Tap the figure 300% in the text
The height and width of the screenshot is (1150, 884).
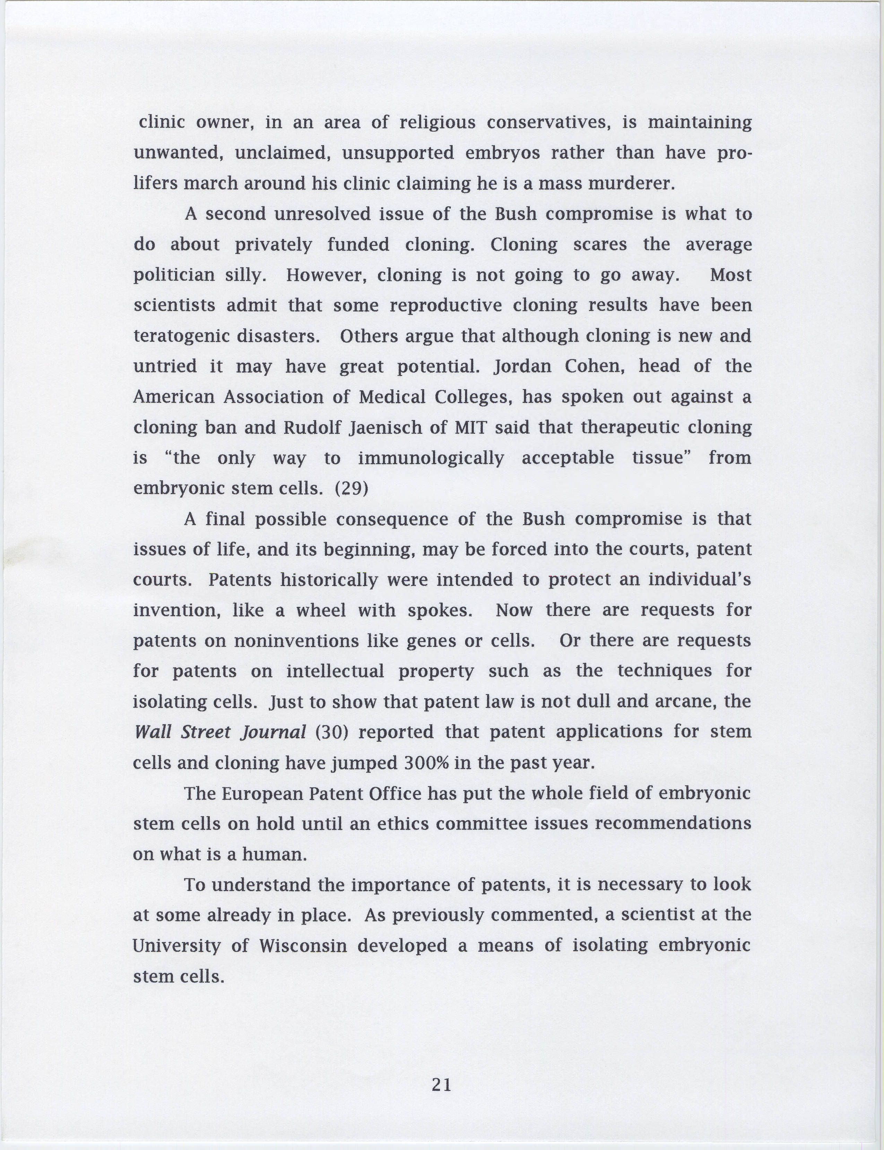426,762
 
